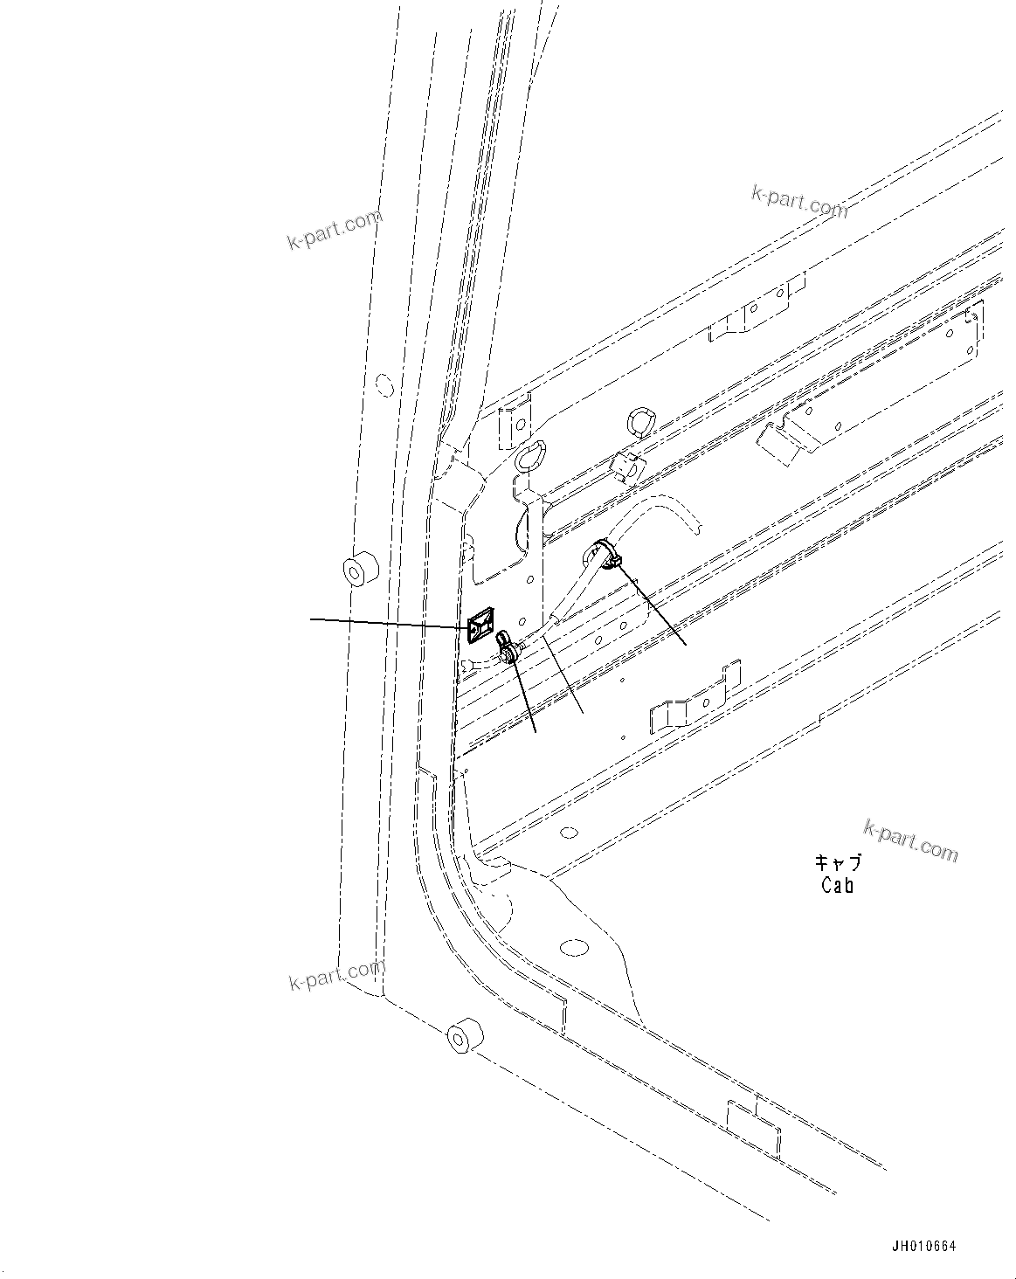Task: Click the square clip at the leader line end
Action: (480, 626)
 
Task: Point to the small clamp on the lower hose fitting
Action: (507, 647)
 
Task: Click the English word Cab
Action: (837, 885)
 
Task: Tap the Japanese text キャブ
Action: (838, 862)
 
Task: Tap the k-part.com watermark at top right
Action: (799, 202)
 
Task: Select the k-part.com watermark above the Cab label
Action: (910, 840)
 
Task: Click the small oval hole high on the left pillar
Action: (383, 384)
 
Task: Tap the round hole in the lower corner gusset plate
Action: (574, 949)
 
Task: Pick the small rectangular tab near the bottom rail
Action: (753, 1128)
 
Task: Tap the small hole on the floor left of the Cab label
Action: (569, 832)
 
